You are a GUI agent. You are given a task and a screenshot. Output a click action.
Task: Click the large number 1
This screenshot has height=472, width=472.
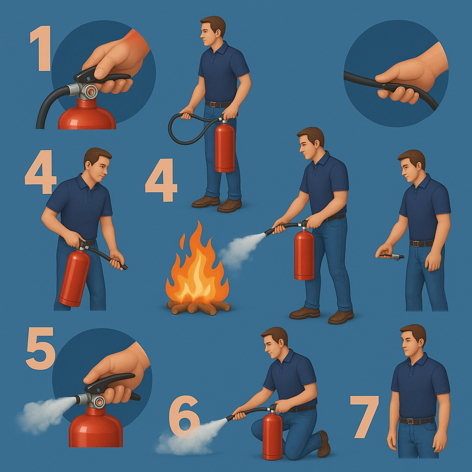pos(41,48)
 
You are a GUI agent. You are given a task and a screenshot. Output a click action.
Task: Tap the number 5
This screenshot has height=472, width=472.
pos(40,348)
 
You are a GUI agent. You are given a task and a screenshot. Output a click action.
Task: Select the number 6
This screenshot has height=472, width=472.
pos(184,416)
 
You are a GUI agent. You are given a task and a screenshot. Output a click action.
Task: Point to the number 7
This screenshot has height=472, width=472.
pos(364,417)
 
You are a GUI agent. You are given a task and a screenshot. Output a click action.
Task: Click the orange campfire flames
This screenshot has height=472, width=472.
pos(197,265)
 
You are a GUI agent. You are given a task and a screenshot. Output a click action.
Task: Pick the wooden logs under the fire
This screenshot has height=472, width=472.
pos(199,307)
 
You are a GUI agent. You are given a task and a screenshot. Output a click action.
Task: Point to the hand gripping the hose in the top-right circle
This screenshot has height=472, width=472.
pos(409,78)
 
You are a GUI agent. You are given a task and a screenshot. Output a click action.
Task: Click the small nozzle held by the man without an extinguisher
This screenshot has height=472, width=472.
pos(393,256)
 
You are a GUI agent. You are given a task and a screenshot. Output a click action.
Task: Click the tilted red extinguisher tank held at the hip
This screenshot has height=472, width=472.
pos(74,277)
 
